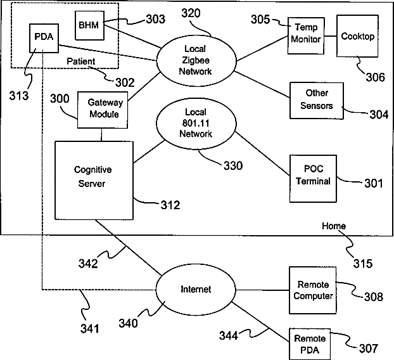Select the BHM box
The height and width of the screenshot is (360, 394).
click(89, 24)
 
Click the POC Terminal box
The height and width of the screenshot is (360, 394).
click(314, 176)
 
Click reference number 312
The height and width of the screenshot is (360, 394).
click(169, 205)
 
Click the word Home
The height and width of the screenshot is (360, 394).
click(334, 226)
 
